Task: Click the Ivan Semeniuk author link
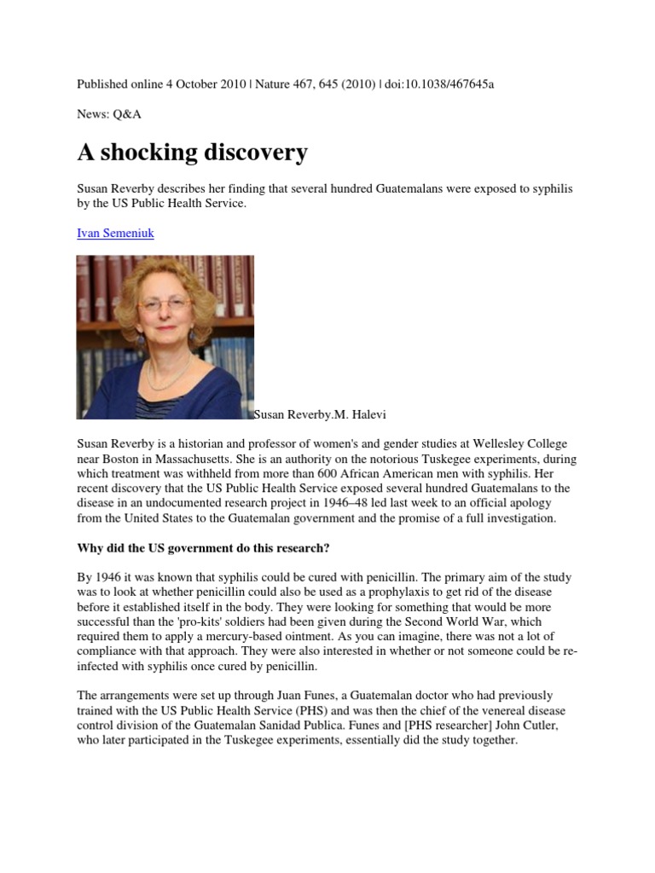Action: click(115, 233)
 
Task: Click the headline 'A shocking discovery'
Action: click(192, 153)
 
